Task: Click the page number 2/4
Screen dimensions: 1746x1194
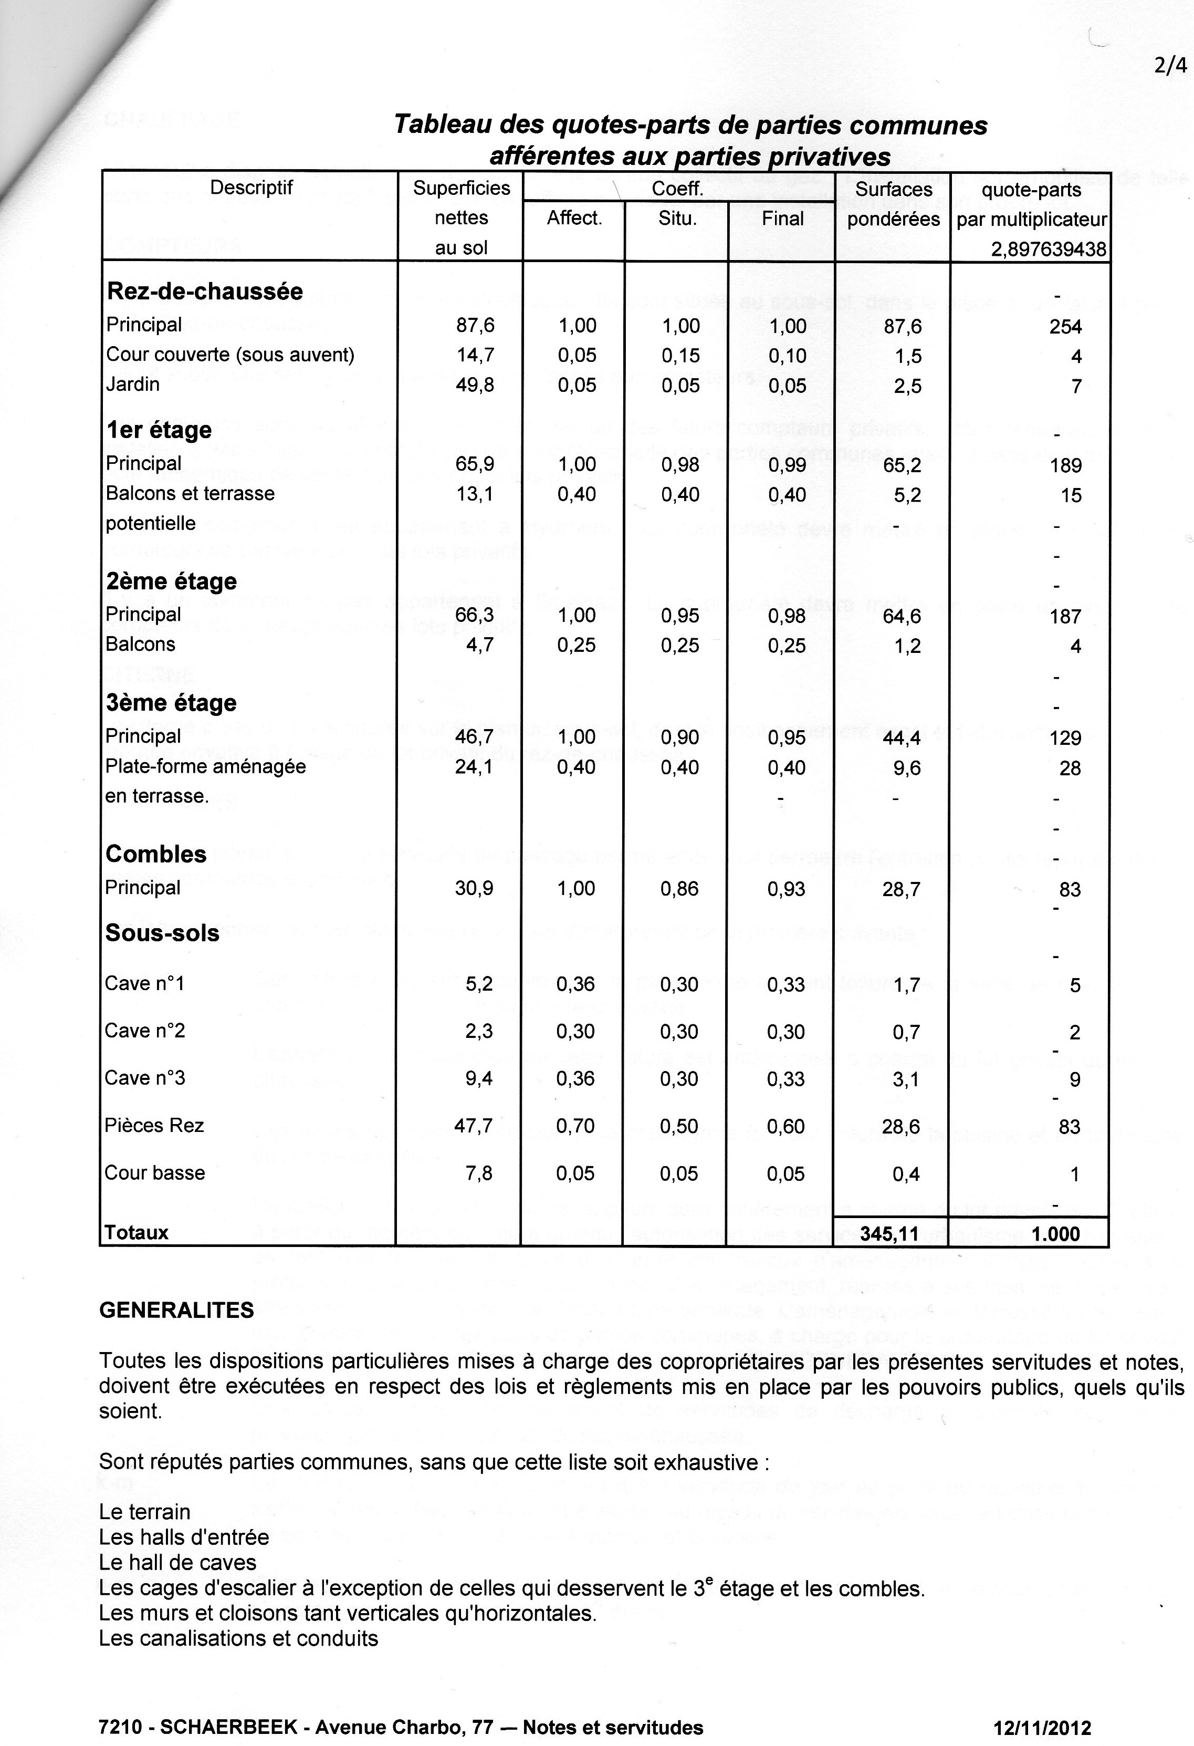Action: tap(1171, 66)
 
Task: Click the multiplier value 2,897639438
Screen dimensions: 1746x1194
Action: tap(1049, 250)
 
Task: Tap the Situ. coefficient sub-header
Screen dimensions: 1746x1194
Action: tap(677, 219)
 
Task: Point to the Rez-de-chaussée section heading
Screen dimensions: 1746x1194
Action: tap(205, 291)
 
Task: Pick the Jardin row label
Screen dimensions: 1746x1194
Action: tap(133, 384)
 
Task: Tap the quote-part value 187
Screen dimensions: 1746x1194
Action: tap(1065, 617)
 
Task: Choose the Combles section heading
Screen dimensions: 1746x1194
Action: tap(156, 854)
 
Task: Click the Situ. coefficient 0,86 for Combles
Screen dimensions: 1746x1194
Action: tap(679, 889)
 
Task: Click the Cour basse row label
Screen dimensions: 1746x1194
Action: tap(155, 1173)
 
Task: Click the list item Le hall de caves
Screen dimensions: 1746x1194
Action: tap(177, 1563)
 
